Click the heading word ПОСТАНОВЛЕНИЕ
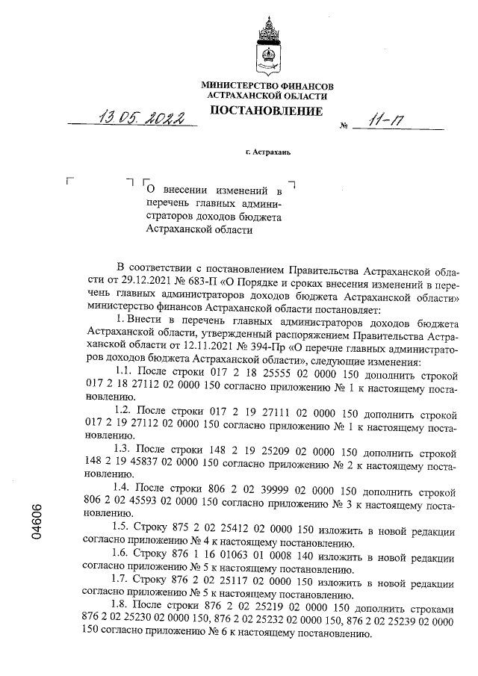[267, 112]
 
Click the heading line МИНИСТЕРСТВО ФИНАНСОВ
[267, 87]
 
